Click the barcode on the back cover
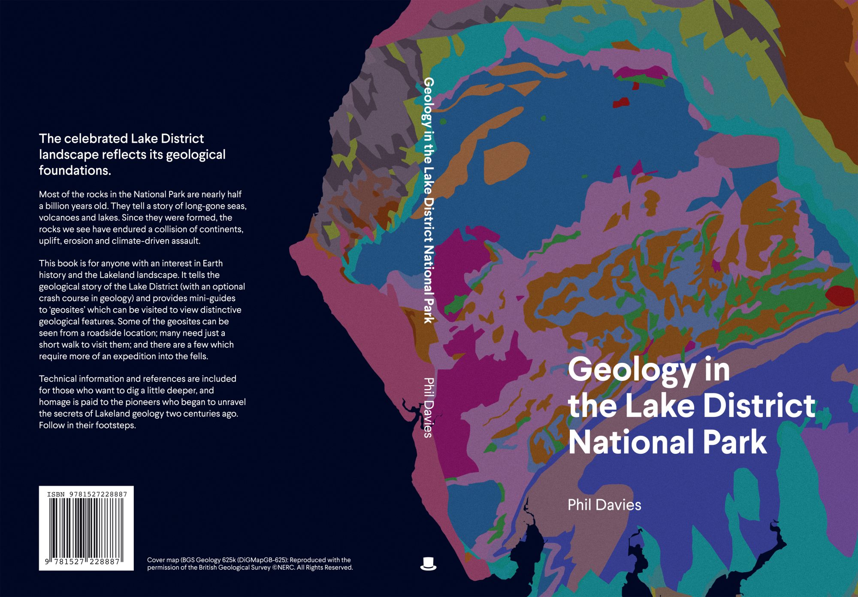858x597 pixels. (86, 528)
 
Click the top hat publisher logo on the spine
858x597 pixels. (428, 563)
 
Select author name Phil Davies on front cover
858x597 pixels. (604, 505)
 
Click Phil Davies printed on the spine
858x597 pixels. (428, 407)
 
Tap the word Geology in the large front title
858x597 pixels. (632, 370)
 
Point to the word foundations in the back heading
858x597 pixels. (75, 170)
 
